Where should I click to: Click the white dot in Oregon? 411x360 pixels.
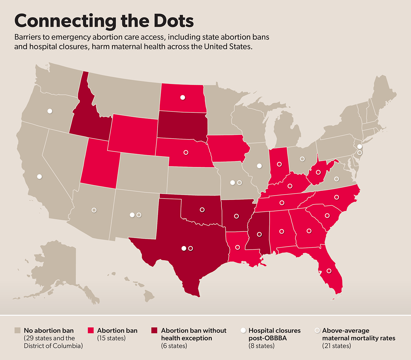(x=50, y=111)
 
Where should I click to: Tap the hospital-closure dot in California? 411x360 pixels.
(x=39, y=177)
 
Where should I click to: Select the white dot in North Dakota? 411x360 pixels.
(x=182, y=97)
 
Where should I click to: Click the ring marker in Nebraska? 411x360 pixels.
(x=186, y=152)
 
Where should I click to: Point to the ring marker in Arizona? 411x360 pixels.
(x=94, y=210)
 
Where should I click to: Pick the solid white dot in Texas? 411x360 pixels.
(x=184, y=248)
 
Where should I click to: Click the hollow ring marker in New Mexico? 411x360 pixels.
(x=139, y=215)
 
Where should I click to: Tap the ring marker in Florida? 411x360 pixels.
(x=329, y=271)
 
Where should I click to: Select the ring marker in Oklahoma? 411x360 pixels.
(x=202, y=210)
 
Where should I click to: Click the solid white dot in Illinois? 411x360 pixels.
(x=259, y=166)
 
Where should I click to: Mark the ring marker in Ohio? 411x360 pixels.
(x=302, y=159)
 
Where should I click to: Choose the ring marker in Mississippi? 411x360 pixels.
(x=259, y=235)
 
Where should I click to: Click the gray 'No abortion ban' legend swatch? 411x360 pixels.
(x=18, y=330)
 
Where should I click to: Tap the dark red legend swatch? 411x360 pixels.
(x=154, y=330)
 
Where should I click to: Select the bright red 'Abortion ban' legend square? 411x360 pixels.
(x=91, y=330)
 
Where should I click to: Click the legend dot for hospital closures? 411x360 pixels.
(x=243, y=330)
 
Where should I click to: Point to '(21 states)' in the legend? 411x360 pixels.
(x=336, y=346)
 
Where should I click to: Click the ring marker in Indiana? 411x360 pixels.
(x=279, y=164)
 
